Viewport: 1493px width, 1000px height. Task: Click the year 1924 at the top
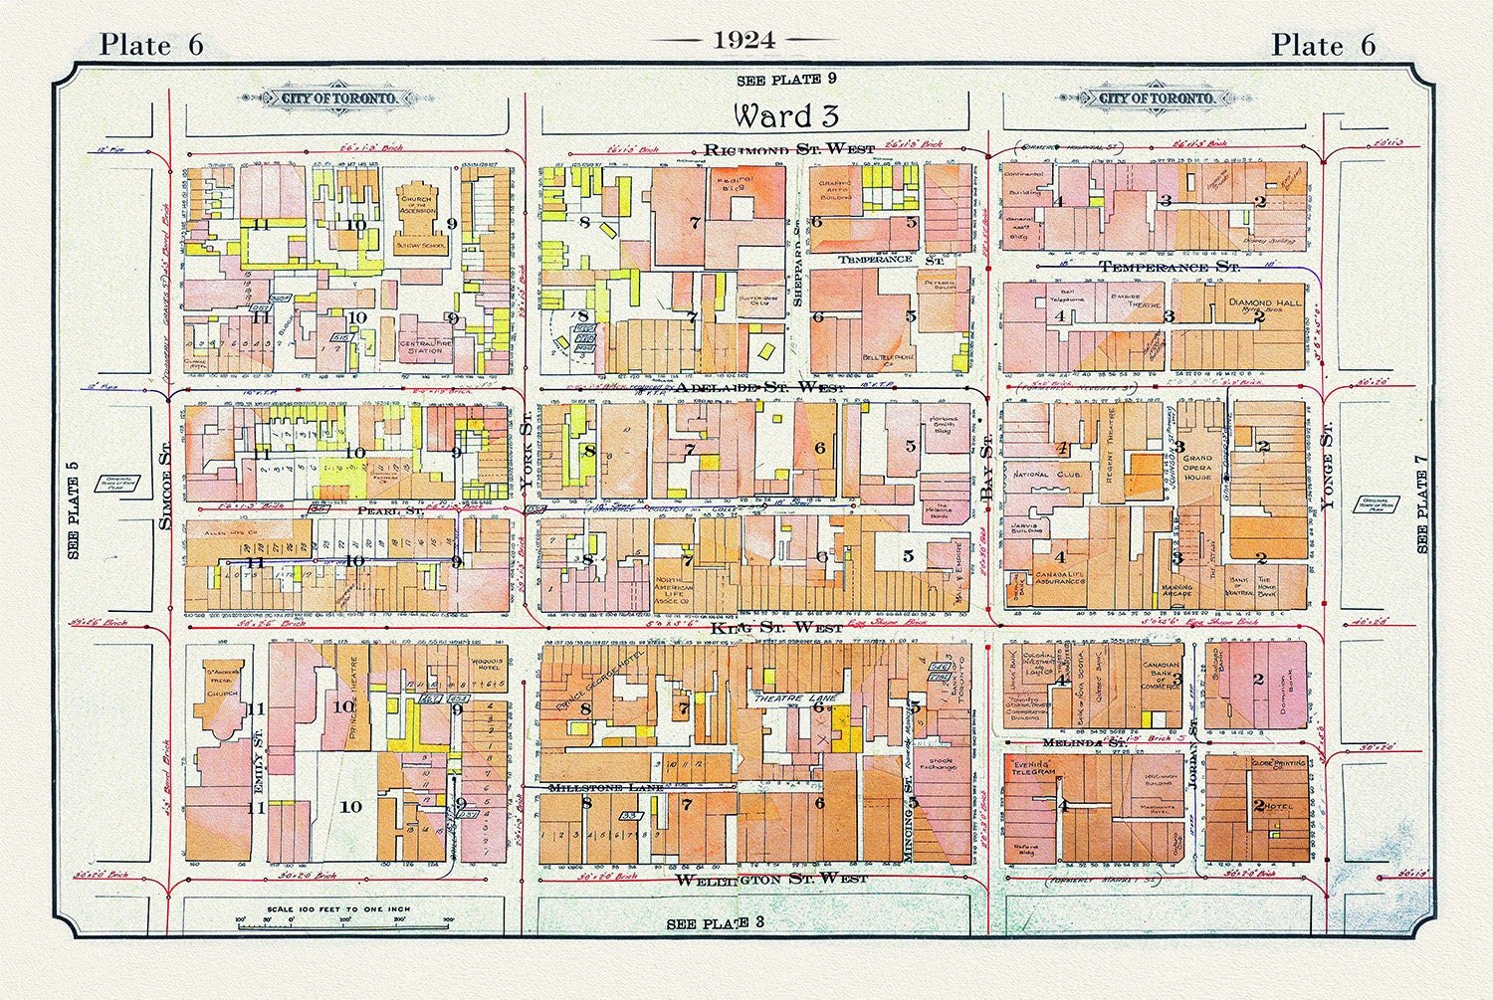tap(745, 40)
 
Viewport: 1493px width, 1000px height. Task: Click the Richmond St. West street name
tap(789, 149)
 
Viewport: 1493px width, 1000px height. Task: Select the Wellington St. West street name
tap(771, 879)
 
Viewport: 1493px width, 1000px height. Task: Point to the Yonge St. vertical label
tap(1327, 468)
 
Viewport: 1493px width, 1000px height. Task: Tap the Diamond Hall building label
tap(1264, 301)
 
